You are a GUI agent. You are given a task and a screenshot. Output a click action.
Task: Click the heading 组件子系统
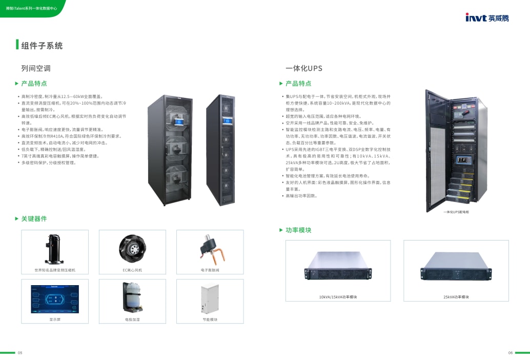click(42, 46)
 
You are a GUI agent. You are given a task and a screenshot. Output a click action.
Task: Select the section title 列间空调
click(36, 68)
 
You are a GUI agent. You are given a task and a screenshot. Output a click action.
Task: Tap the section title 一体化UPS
click(304, 68)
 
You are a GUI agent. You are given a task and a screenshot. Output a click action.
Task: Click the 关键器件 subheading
click(34, 219)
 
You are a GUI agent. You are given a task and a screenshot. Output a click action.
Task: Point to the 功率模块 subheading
click(298, 230)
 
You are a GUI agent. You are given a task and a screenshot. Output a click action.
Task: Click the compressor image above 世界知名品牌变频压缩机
click(55, 249)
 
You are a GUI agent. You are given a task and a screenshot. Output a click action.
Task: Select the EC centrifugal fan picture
click(132, 249)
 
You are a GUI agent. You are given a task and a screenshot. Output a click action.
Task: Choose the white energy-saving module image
click(210, 298)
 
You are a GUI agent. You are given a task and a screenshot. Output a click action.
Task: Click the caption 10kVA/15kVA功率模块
click(338, 297)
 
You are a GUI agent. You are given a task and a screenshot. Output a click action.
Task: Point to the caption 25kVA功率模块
click(456, 297)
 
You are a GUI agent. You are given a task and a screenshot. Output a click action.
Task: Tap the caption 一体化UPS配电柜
click(456, 211)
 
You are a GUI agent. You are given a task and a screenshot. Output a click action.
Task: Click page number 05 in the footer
click(20, 353)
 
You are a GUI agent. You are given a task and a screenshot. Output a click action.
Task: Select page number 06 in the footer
click(511, 353)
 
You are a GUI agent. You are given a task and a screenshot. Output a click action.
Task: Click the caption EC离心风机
click(132, 270)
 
